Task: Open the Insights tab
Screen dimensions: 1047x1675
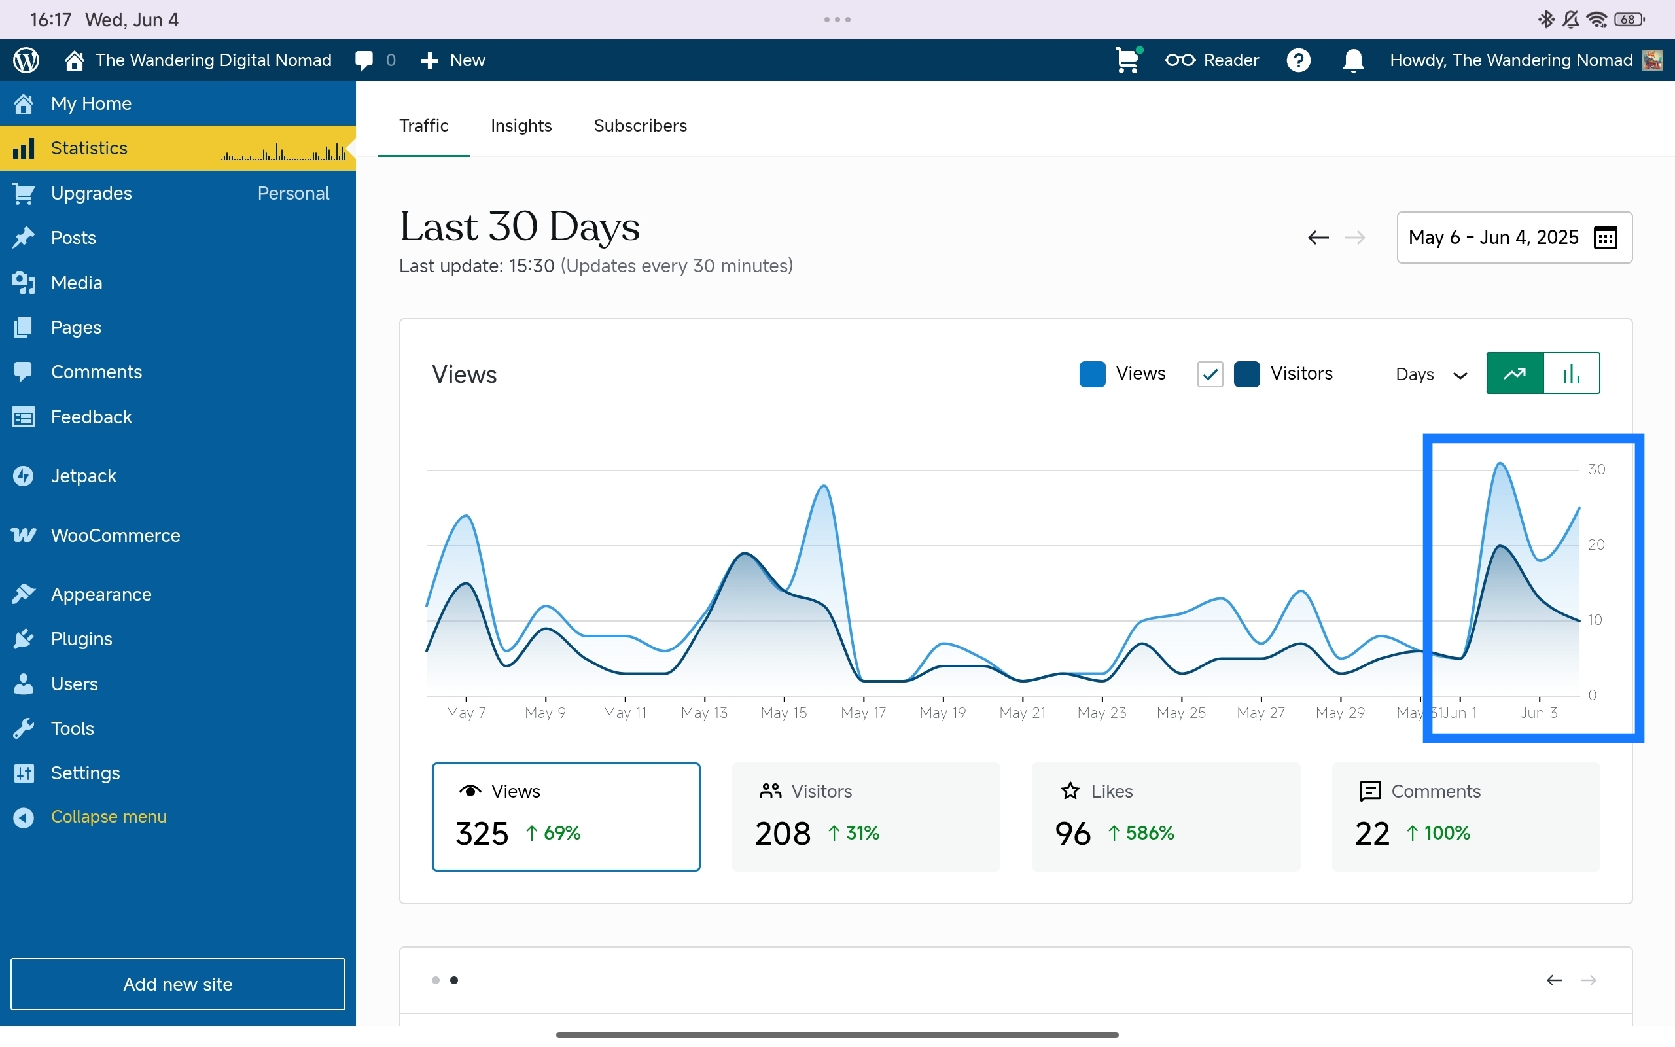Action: pyautogui.click(x=521, y=126)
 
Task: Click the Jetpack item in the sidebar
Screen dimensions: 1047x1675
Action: pyautogui.click(x=83, y=476)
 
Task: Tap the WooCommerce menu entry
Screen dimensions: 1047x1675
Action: pyautogui.click(x=115, y=535)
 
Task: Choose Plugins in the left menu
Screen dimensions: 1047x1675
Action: pyautogui.click(x=81, y=639)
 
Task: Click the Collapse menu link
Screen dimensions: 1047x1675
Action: pyautogui.click(x=108, y=817)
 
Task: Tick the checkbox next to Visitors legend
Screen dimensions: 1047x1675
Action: pyautogui.click(x=1209, y=374)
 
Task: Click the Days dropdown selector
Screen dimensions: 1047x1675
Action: pyautogui.click(x=1431, y=374)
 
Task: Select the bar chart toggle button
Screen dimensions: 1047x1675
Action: pyautogui.click(x=1571, y=373)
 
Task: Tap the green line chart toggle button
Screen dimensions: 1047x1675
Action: pyautogui.click(x=1515, y=373)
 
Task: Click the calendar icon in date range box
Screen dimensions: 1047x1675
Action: pyautogui.click(x=1605, y=238)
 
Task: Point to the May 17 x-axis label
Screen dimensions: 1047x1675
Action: pyautogui.click(x=863, y=713)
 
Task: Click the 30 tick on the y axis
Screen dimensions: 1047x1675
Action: pyautogui.click(x=1596, y=469)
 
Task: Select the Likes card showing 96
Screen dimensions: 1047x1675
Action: pyautogui.click(x=1165, y=817)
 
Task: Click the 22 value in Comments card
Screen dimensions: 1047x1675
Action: pyautogui.click(x=1371, y=834)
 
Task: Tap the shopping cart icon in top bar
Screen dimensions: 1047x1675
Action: pyautogui.click(x=1127, y=60)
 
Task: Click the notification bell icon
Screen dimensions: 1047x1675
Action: pyautogui.click(x=1352, y=60)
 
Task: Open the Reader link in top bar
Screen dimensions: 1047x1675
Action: pyautogui.click(x=1211, y=60)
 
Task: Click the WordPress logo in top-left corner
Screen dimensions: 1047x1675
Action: pyautogui.click(x=26, y=60)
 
